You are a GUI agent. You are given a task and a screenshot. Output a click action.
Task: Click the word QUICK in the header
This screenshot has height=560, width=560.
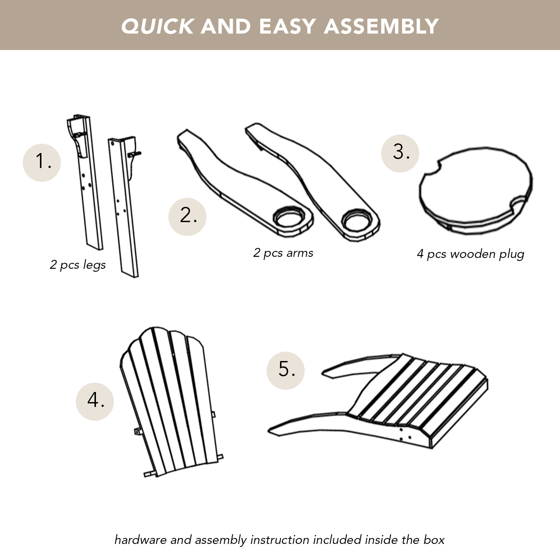click(157, 27)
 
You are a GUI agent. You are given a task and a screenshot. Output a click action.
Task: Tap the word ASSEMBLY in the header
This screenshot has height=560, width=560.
click(381, 27)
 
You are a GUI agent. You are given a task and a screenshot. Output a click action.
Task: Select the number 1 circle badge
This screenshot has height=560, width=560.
click(42, 162)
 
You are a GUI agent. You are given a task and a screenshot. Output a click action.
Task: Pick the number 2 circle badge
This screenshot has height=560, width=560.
click(187, 217)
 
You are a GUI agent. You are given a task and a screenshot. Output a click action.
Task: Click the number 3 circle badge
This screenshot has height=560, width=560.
click(400, 153)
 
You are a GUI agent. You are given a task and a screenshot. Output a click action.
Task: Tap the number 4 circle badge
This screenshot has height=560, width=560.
click(95, 401)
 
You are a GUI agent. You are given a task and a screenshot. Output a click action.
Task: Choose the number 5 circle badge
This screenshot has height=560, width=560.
click(286, 370)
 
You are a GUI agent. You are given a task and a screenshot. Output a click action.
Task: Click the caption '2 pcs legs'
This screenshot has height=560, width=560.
click(78, 265)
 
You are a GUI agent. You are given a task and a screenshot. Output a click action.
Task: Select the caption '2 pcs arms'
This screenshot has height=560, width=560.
click(283, 253)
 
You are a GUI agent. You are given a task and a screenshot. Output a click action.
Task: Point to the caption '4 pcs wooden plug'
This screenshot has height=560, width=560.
click(470, 254)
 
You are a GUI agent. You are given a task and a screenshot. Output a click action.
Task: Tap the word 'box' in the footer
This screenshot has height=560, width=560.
click(434, 540)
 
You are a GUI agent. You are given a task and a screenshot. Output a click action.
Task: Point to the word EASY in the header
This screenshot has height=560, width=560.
click(287, 27)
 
